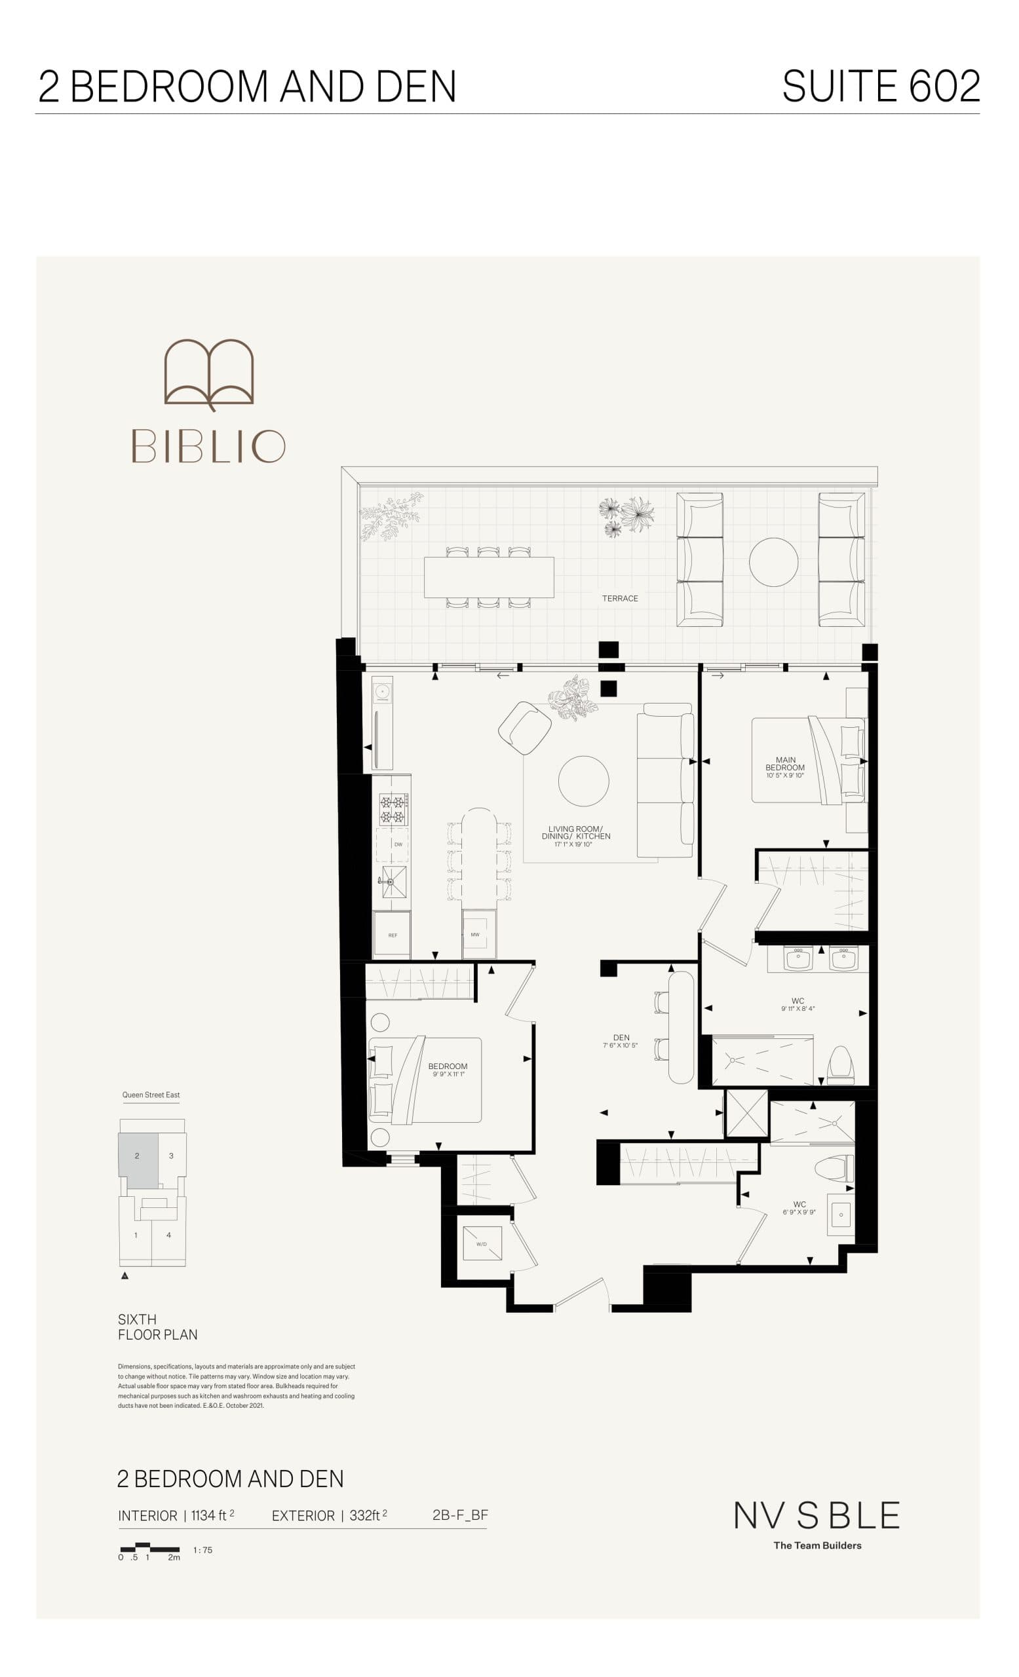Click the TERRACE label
(619, 598)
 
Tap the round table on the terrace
(773, 562)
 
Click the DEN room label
(621, 1038)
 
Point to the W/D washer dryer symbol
(481, 1244)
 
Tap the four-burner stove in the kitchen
(393, 808)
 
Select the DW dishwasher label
(398, 844)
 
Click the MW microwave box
(475, 934)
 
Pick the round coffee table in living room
(583, 782)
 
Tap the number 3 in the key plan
(171, 1156)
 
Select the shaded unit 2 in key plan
(138, 1156)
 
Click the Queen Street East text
(151, 1095)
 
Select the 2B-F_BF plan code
(459, 1515)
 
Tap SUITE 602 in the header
(880, 86)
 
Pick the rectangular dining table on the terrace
(489, 577)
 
